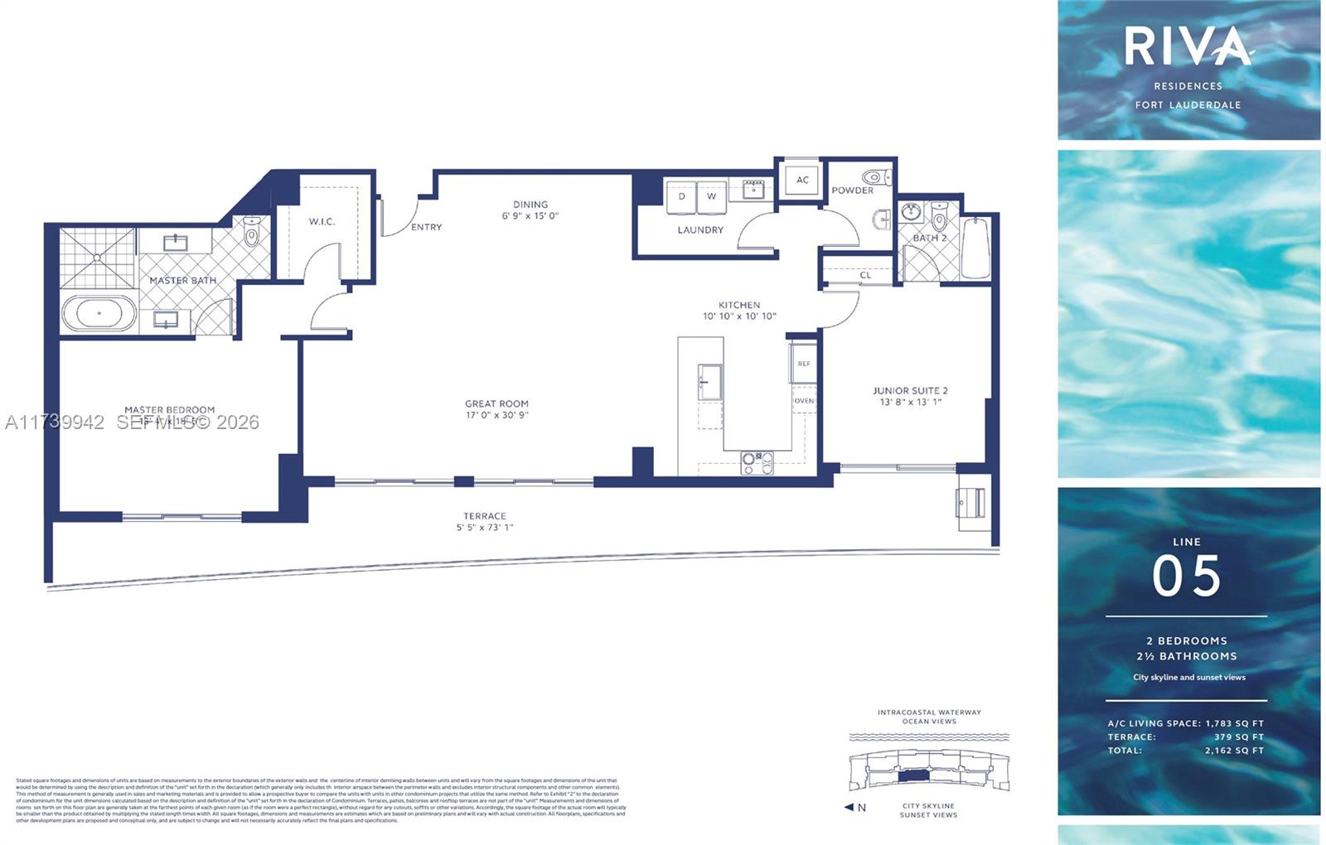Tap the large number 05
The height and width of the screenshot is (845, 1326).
click(1187, 577)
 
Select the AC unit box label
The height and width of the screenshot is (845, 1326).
click(802, 180)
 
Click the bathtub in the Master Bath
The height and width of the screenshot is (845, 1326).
click(99, 314)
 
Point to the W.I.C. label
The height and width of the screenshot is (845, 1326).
click(322, 221)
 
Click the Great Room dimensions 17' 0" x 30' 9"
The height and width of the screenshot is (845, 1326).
click(496, 415)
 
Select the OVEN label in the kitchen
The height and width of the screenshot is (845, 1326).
click(804, 401)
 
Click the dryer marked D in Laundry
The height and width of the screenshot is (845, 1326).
click(682, 197)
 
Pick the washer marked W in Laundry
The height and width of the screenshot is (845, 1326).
click(711, 197)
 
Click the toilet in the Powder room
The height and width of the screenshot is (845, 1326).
click(876, 176)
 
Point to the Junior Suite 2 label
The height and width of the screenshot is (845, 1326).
click(910, 391)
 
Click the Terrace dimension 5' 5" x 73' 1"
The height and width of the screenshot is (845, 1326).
click(485, 527)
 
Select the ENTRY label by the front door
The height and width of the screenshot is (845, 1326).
click(426, 227)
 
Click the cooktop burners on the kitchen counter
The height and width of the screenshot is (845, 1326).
click(757, 463)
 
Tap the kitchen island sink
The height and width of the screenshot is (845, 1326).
click(709, 382)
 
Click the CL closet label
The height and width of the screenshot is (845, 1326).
click(865, 275)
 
